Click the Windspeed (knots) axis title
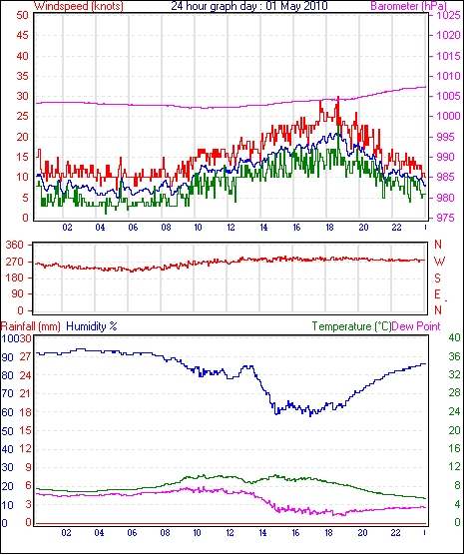tap(79, 6)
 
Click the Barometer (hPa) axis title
tap(408, 6)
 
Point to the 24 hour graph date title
tap(249, 6)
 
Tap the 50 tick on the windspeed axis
tap(22, 16)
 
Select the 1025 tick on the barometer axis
tap(449, 16)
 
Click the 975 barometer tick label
tap(446, 218)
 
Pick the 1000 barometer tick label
tap(449, 117)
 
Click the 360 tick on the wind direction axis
tap(15, 245)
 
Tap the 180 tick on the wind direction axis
tap(15, 277)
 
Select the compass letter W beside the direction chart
tap(439, 262)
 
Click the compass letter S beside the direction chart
tap(438, 278)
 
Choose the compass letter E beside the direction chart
tap(437, 294)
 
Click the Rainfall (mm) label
tap(31, 326)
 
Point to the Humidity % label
tap(92, 326)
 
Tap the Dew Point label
tap(416, 326)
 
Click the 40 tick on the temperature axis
tap(454, 337)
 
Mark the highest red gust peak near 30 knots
tap(338, 98)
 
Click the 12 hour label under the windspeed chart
tap(231, 228)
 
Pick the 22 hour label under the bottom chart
tap(395, 532)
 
